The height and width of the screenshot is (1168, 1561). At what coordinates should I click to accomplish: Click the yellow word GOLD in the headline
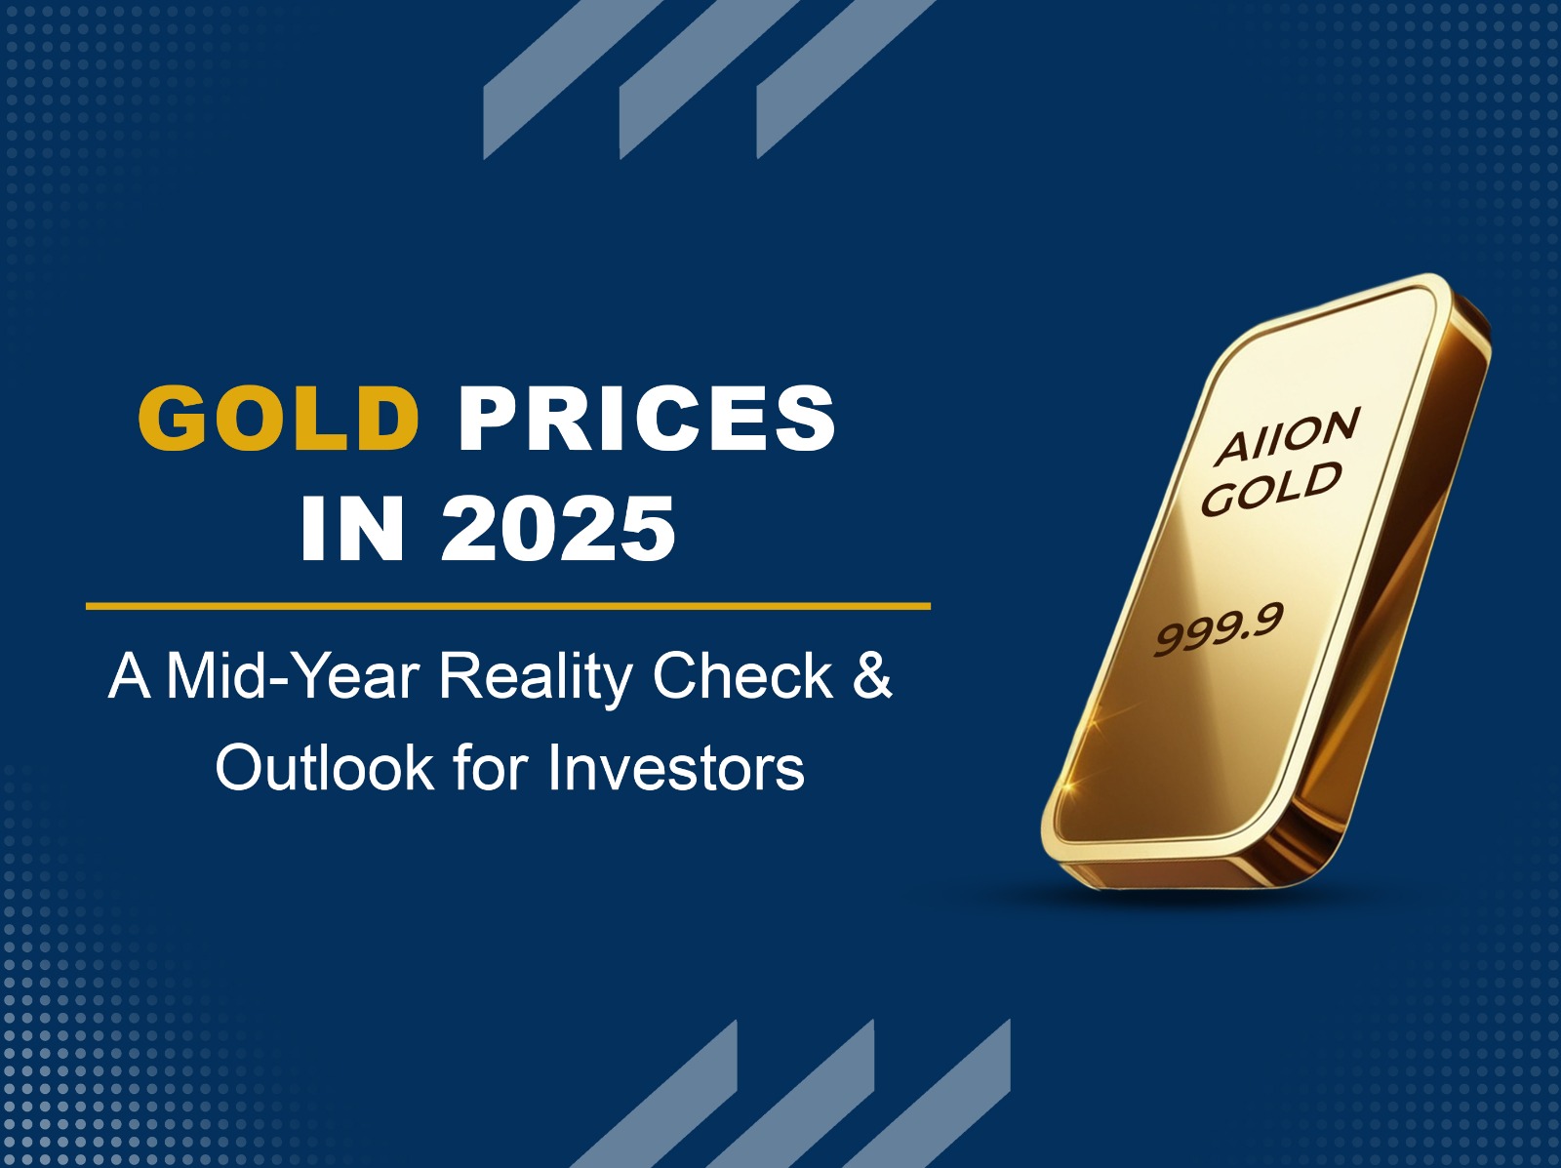tap(278, 418)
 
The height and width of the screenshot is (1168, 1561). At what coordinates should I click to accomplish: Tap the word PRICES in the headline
tap(647, 418)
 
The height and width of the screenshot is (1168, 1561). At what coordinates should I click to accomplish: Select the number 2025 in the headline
tap(559, 529)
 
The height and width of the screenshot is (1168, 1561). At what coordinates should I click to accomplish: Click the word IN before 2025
tap(353, 529)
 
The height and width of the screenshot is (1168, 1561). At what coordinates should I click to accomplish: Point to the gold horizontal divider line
tap(507, 606)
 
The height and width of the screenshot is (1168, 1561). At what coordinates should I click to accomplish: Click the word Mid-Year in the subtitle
tap(293, 677)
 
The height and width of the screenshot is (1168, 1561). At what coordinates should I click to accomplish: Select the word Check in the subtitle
tap(742, 676)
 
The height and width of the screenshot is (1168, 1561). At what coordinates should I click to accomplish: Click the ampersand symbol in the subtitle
tap(872, 676)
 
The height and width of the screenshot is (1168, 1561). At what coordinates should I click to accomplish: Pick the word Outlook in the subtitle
tap(325, 768)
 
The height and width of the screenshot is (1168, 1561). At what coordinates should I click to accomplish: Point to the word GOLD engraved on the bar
tap(1271, 488)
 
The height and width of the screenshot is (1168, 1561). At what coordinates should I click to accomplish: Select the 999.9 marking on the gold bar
tap(1219, 628)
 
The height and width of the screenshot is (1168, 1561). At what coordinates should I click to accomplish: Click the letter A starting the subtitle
tap(129, 676)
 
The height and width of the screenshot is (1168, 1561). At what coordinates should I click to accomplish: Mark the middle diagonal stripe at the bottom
tap(791, 1094)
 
